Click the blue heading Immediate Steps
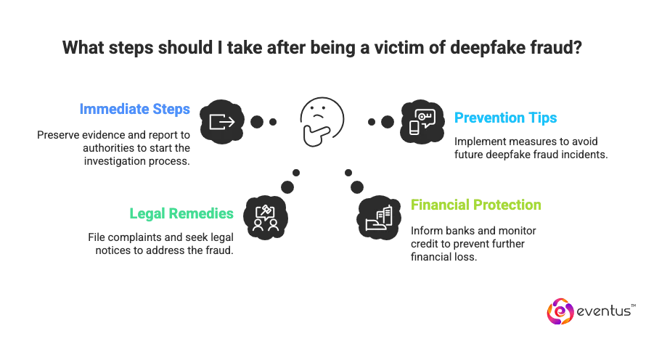(x=134, y=110)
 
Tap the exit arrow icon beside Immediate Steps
(x=221, y=121)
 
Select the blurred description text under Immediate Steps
(x=114, y=147)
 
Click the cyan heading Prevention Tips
(x=505, y=118)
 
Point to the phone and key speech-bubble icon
(x=422, y=121)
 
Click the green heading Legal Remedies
(x=181, y=214)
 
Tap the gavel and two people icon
(x=266, y=216)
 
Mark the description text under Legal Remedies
(x=163, y=243)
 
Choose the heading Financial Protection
(x=475, y=206)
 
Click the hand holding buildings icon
(x=378, y=216)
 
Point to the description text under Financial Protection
(x=472, y=242)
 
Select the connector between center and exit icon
(x=262, y=121)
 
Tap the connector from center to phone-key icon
(x=380, y=121)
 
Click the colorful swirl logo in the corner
(x=560, y=311)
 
